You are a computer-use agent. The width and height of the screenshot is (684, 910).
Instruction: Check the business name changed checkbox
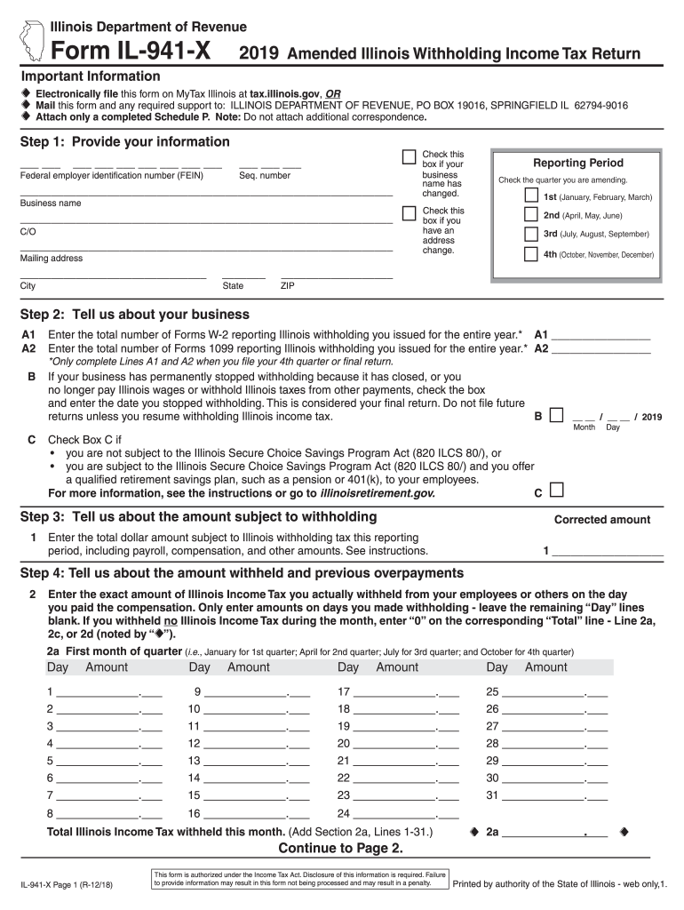pyautogui.click(x=409, y=157)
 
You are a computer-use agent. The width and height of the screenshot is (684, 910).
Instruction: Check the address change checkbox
pyautogui.click(x=409, y=213)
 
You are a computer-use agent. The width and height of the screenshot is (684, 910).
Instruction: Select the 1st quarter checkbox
pyautogui.click(x=530, y=196)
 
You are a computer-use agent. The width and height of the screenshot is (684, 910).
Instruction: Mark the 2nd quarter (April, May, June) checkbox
pyautogui.click(x=530, y=215)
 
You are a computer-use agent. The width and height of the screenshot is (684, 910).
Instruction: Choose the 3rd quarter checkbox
pyautogui.click(x=530, y=234)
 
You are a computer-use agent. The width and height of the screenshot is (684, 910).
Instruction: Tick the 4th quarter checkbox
pyautogui.click(x=530, y=254)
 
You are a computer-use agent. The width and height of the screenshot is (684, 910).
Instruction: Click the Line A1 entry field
pyautogui.click(x=600, y=335)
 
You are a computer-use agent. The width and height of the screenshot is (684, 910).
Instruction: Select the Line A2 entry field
pyautogui.click(x=600, y=348)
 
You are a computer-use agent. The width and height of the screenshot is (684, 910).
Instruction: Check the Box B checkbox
pyautogui.click(x=556, y=415)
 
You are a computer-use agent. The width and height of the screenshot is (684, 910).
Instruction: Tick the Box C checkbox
pyautogui.click(x=556, y=491)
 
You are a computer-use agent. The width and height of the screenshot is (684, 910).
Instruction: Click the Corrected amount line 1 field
pyautogui.click(x=608, y=551)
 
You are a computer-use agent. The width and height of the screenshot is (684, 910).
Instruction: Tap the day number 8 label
pyautogui.click(x=51, y=813)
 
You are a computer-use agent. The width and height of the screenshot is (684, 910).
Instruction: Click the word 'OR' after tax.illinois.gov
pyautogui.click(x=332, y=92)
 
